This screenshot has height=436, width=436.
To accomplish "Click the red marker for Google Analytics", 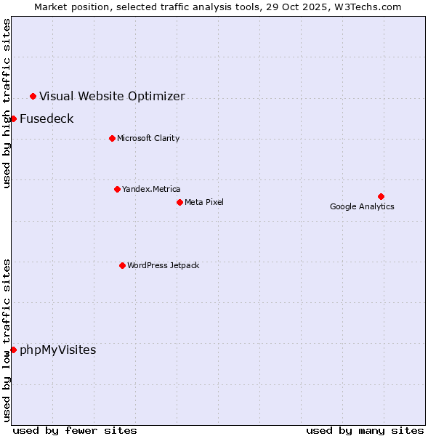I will [x=381, y=196].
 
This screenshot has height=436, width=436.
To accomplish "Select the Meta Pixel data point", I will [x=179, y=202].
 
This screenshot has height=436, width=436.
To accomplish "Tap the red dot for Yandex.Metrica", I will [x=117, y=189].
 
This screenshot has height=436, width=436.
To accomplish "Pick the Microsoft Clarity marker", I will [x=112, y=138].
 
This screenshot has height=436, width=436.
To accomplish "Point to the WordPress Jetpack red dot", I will [x=122, y=265].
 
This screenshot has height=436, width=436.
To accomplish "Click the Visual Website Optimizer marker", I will [x=33, y=96].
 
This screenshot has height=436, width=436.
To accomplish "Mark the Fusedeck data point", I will [x=13, y=118].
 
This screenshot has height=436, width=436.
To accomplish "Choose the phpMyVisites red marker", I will [x=13, y=350].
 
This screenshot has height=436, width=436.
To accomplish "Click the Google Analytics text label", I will [x=362, y=206].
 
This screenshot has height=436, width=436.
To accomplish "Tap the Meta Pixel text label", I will [x=204, y=202].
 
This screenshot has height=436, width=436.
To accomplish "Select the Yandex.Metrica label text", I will [x=151, y=189].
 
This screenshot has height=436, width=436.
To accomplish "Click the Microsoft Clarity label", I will [x=148, y=138].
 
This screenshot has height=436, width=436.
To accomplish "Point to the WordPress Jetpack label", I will [x=163, y=265].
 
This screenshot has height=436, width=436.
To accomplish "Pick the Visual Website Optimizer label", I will [x=112, y=96].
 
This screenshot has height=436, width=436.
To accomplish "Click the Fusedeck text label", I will [x=47, y=118].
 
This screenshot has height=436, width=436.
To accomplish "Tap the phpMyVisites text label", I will [x=57, y=350].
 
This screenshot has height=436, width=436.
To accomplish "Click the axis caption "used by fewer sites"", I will [x=75, y=430].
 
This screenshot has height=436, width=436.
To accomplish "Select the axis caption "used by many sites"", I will [x=365, y=430].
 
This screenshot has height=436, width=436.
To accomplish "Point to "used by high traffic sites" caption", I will [x=7, y=103].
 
